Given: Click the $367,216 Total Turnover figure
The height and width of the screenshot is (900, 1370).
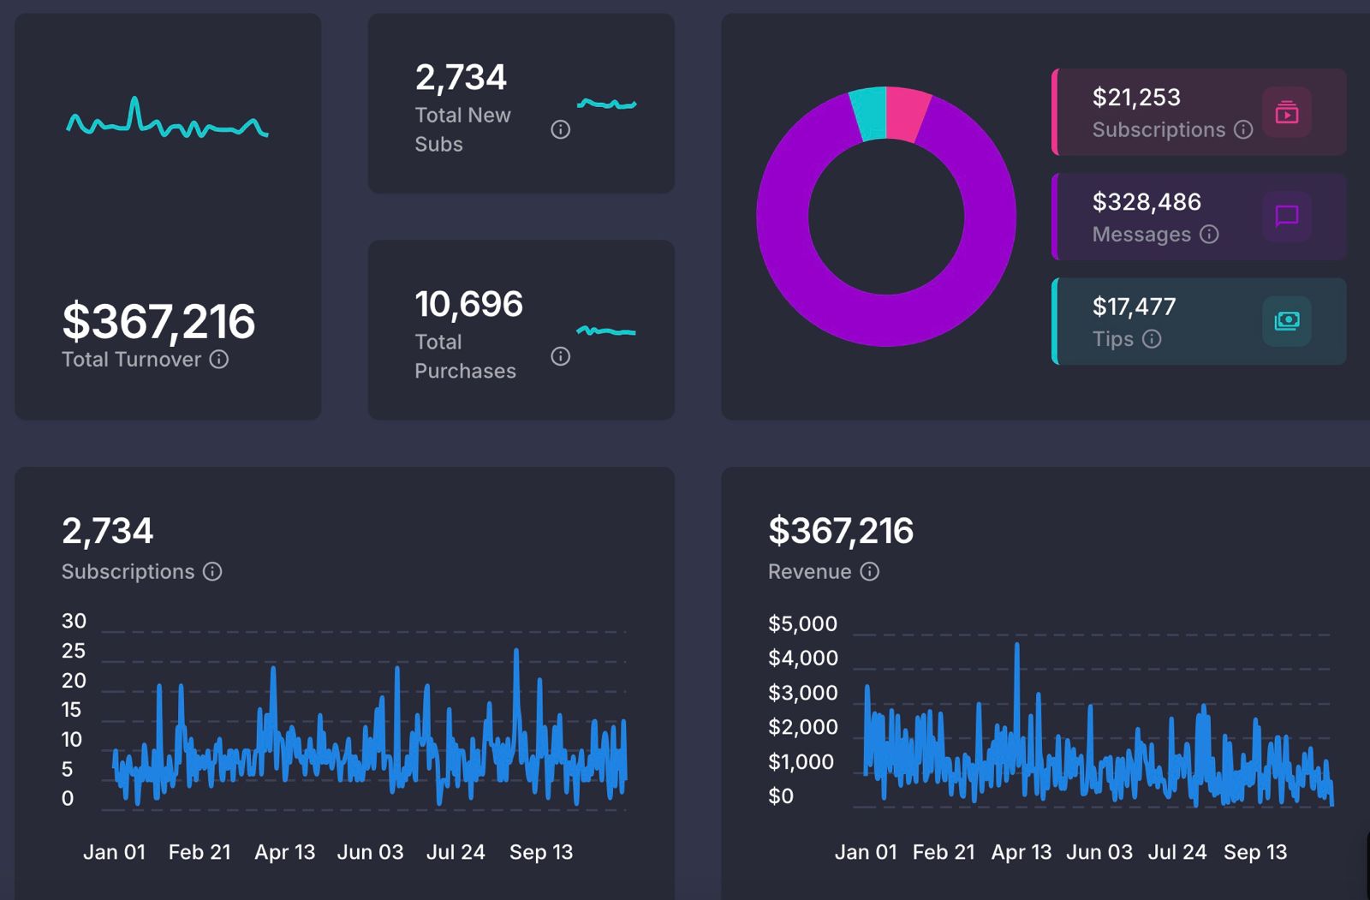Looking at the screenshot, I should pyautogui.click(x=158, y=322).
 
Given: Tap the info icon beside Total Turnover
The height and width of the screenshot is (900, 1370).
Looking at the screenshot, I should pyautogui.click(x=219, y=360).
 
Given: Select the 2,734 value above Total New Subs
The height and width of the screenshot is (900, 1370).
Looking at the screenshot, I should pyautogui.click(x=461, y=78).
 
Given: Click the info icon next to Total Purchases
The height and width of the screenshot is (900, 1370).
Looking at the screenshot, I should pyautogui.click(x=560, y=356).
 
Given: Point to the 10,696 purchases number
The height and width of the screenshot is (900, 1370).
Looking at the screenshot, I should pyautogui.click(x=468, y=305).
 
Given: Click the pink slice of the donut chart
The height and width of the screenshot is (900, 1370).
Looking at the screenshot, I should pyautogui.click(x=908, y=113).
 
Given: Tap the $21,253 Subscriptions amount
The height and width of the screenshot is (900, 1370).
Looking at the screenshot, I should pyautogui.click(x=1136, y=98).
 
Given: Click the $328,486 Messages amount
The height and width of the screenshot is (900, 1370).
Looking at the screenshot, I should pyautogui.click(x=1147, y=202).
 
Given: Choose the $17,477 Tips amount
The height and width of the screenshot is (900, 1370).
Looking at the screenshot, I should pyautogui.click(x=1134, y=307).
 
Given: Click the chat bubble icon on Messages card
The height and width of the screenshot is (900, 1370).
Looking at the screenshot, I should pyautogui.click(x=1286, y=216).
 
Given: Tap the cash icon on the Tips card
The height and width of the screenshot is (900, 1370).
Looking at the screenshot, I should pyautogui.click(x=1286, y=321).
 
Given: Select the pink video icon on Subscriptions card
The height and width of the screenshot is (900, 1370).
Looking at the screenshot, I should pyautogui.click(x=1286, y=112).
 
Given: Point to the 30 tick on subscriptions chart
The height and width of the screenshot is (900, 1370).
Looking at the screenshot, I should pyautogui.click(x=74, y=621).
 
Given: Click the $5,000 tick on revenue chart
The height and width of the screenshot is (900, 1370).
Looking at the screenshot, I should pyautogui.click(x=802, y=624).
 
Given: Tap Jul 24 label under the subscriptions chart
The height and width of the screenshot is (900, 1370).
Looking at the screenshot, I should pyautogui.click(x=456, y=852).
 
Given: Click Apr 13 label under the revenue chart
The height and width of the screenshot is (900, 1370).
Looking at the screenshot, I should pyautogui.click(x=1021, y=852).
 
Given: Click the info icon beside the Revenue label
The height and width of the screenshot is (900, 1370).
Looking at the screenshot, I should pyautogui.click(x=869, y=572).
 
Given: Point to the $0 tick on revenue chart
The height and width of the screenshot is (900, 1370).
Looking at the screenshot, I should pyautogui.click(x=781, y=796).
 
